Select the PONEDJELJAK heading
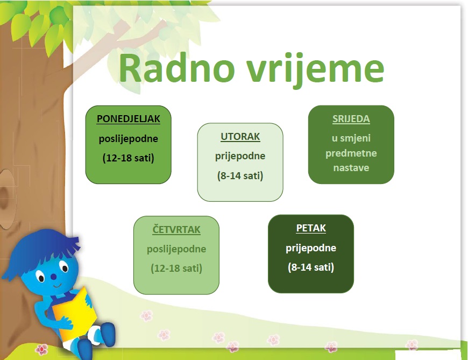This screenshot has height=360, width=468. click(x=129, y=119)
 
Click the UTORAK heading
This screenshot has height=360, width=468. click(x=240, y=137)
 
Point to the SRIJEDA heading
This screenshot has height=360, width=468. click(x=351, y=119)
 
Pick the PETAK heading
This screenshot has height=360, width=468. click(x=311, y=228)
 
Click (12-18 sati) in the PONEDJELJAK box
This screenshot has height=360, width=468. click(x=129, y=158)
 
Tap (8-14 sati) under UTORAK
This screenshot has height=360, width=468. click(x=240, y=175)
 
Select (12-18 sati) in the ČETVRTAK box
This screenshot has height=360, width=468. click(x=176, y=268)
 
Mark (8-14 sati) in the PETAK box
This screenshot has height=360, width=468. click(x=311, y=267)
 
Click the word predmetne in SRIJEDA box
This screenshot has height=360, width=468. click(x=351, y=153)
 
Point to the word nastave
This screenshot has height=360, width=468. click(x=351, y=168)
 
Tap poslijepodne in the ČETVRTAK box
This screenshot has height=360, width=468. click(x=176, y=249)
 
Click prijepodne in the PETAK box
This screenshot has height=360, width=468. click(x=311, y=248)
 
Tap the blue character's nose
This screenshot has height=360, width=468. click(x=53, y=277)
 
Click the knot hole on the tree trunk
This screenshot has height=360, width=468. click(x=6, y=199)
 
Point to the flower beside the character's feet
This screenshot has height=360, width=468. click(x=41, y=349)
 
